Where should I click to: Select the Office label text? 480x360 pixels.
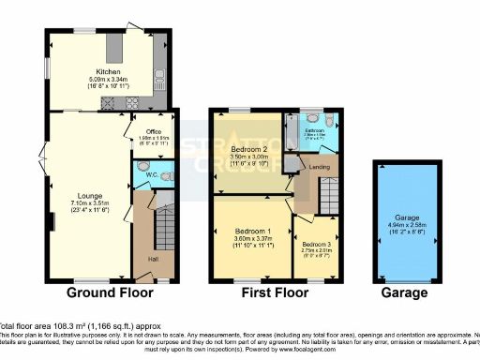pyautogui.click(x=142, y=130)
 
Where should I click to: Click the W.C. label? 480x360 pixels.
pyautogui.click(x=151, y=174)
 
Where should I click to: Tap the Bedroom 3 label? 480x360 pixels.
pyautogui.click(x=316, y=245)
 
